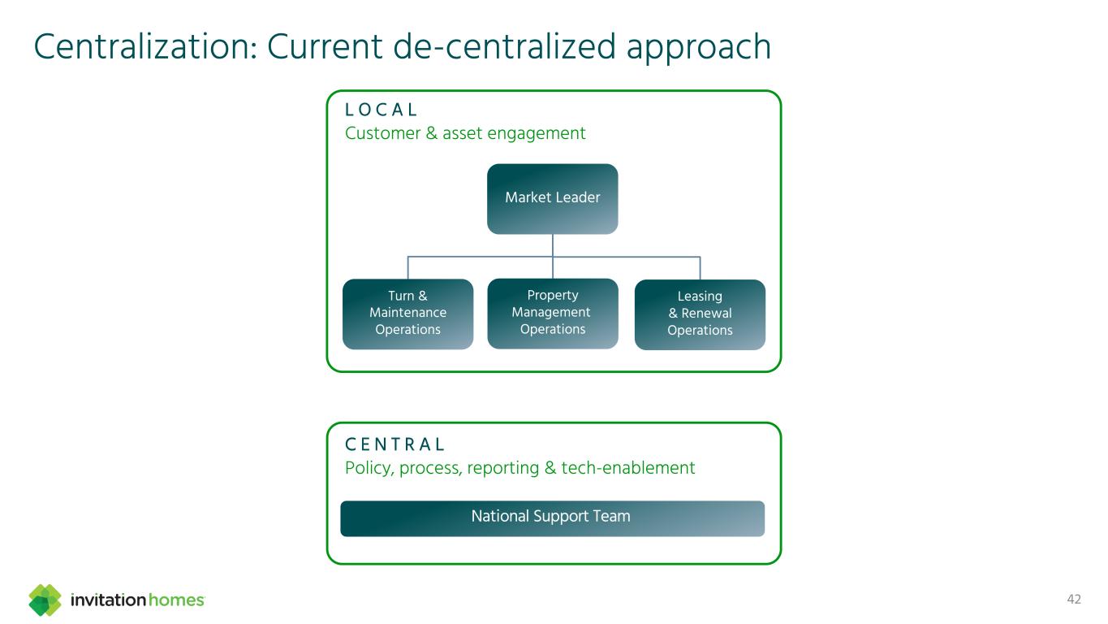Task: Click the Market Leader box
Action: point(552,198)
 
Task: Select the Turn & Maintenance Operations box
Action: point(407,314)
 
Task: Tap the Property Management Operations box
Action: point(552,313)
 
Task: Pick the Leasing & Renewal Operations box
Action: point(700,314)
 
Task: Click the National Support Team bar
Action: point(552,518)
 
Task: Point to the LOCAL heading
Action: point(382,110)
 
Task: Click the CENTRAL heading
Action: point(395,445)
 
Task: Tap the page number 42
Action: point(1074,600)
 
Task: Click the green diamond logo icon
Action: point(45,600)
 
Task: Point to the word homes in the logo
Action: point(176,600)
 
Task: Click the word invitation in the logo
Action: point(109,600)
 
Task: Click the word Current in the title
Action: point(326,47)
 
